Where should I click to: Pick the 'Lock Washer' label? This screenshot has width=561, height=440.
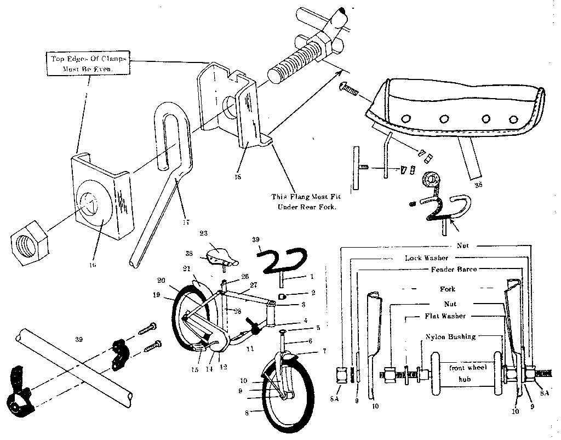pos(426,257)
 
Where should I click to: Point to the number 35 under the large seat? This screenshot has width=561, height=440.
pos(478,185)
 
